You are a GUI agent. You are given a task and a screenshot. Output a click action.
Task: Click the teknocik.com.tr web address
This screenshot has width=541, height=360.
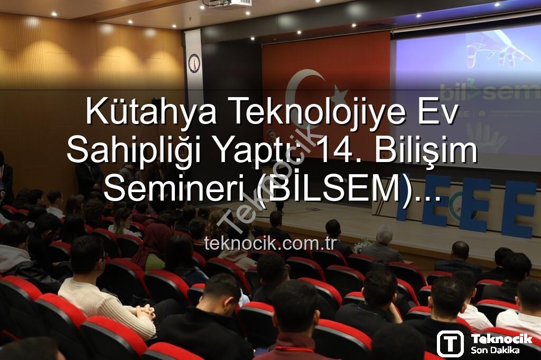pos(270,243)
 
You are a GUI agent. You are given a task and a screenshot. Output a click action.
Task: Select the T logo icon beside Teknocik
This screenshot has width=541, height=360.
pos(450,344)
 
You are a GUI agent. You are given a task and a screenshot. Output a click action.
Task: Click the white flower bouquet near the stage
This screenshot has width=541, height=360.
pos(362,244)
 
